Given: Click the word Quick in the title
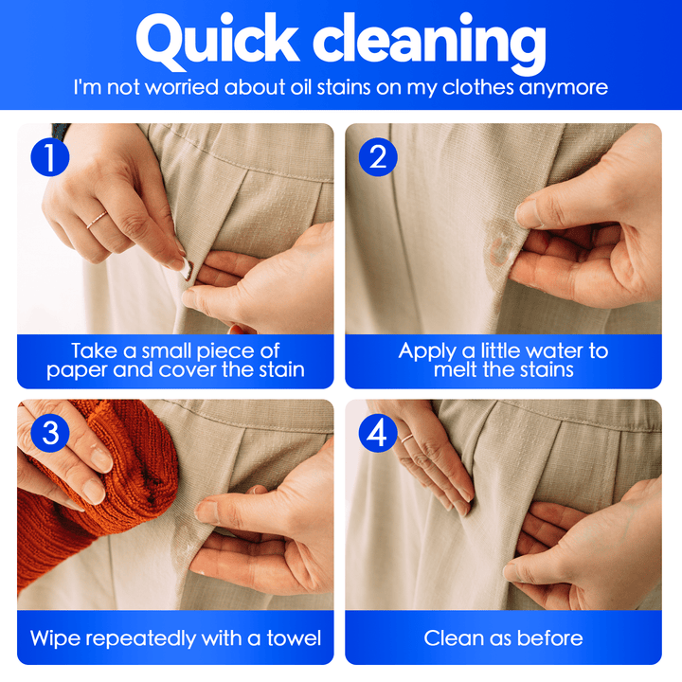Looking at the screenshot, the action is click(x=218, y=42).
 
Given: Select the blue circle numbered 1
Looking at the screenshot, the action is click(x=50, y=157).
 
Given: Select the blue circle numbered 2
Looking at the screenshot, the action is click(x=378, y=157).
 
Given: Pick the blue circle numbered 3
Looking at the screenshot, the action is click(x=50, y=433).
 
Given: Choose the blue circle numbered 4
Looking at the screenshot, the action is click(x=378, y=433).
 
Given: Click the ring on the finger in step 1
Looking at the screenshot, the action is click(x=97, y=220).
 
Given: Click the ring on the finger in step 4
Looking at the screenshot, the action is click(x=407, y=438).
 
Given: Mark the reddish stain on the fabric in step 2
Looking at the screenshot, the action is click(x=500, y=250).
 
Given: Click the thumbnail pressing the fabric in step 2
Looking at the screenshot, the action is click(x=528, y=213).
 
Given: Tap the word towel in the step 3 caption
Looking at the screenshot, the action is click(x=294, y=638).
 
